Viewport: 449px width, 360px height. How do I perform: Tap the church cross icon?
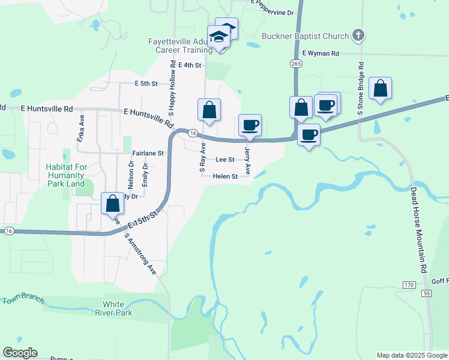358,35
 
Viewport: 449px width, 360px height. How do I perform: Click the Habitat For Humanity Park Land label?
66,175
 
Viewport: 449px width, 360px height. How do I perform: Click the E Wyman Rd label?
321,53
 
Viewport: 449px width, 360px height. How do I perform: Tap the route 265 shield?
295,63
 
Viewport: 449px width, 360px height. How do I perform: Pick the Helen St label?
226,176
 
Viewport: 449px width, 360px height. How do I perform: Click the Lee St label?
224,160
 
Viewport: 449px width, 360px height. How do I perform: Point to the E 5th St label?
146,83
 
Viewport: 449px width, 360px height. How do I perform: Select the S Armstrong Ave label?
139,253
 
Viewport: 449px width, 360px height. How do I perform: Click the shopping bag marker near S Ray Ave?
209,110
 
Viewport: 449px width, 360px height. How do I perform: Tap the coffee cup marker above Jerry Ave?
250,125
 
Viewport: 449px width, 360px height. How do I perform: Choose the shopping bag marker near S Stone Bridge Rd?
381,88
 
